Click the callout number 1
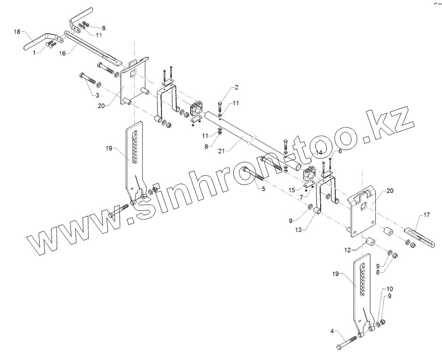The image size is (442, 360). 34,53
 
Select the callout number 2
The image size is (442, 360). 236,88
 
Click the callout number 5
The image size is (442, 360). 263,189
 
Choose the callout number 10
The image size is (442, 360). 390,288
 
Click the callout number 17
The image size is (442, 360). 426,215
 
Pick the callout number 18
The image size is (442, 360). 17,32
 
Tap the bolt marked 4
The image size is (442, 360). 348,341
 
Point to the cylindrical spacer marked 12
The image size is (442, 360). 370,243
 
